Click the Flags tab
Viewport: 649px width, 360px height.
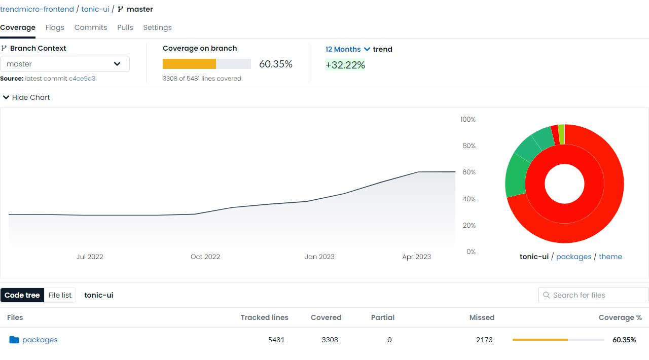55,27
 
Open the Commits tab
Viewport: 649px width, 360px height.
91,27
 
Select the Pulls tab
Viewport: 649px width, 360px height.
125,27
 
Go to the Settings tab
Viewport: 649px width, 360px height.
157,27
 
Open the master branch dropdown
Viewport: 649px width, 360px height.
65,64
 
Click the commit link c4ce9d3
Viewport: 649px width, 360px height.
82,79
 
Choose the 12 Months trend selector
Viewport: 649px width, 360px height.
348,49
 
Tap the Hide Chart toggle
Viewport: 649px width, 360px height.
27,97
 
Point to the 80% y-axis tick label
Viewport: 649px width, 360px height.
468,146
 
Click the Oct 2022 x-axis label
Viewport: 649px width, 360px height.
205,257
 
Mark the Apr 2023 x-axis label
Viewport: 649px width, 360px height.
416,257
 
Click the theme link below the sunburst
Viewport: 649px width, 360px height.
610,257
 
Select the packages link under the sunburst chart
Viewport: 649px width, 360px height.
573,257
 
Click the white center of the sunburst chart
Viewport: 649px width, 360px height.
564,184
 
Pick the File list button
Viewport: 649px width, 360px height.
60,295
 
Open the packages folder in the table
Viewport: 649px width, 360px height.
40,340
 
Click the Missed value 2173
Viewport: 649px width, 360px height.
484,340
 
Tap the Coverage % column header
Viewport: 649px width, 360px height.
620,317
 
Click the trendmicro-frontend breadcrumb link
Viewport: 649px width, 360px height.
37,9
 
